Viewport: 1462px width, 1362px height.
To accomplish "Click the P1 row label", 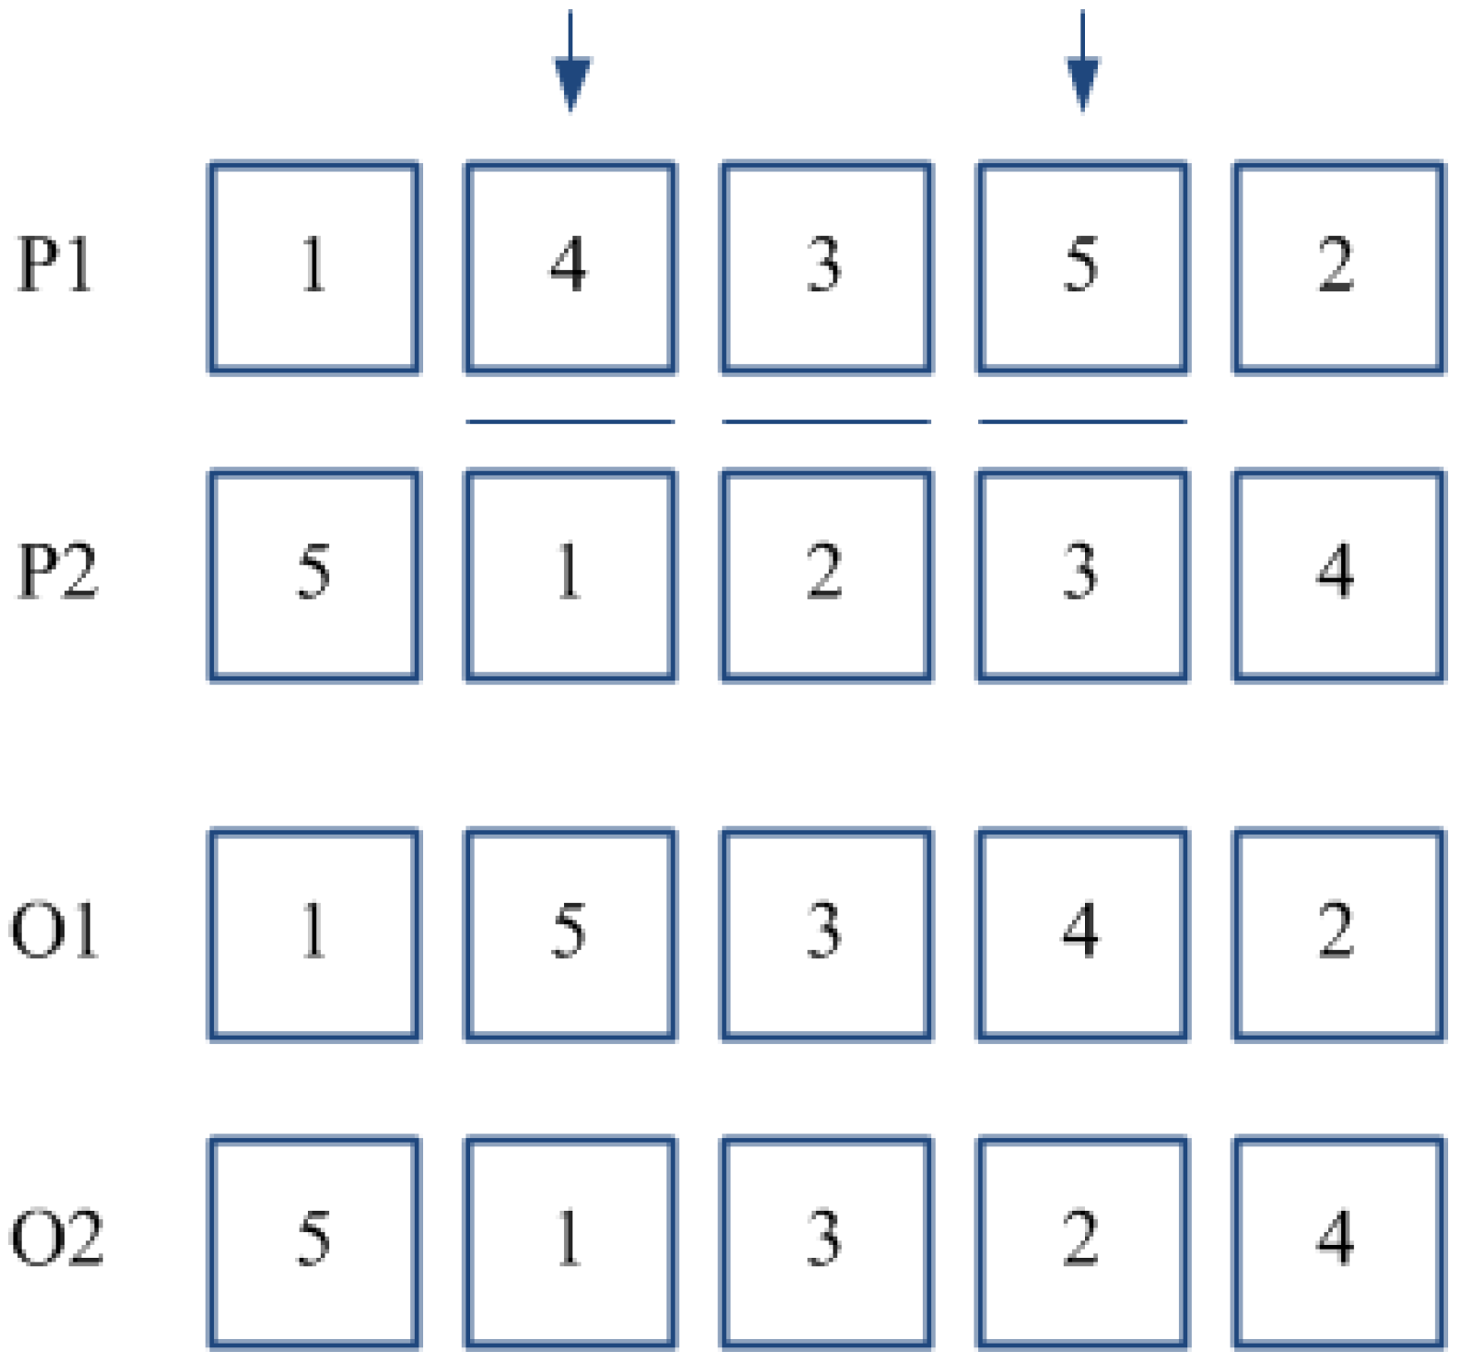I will (x=55, y=265).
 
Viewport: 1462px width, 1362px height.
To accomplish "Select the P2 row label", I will (x=57, y=572).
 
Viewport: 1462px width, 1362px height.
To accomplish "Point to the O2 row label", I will (x=57, y=1238).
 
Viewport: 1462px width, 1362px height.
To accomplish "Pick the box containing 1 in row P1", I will (x=314, y=267).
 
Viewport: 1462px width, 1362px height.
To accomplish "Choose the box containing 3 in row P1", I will (x=826, y=267).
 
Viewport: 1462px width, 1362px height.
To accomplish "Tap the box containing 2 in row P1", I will (x=1338, y=267).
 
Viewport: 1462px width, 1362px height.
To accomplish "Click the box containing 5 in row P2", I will (x=314, y=575).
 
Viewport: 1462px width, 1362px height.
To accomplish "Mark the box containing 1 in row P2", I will (x=571, y=575).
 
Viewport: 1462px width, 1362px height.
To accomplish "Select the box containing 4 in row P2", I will (x=1338, y=575).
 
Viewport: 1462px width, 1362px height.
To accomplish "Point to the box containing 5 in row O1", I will (x=571, y=934).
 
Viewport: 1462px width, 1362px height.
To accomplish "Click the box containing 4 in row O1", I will (x=1082, y=934).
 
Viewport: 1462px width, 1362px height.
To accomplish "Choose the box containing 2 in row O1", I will (x=1338, y=934).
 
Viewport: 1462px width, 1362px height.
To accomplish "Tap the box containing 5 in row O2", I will (x=314, y=1242).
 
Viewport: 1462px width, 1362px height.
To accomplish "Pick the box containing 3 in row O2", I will (x=826, y=1242).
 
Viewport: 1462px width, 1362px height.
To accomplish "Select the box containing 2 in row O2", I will (x=1082, y=1242).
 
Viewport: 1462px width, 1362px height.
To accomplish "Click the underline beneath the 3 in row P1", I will (x=826, y=421).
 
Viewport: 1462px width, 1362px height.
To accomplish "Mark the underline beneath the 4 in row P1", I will (x=571, y=421).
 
